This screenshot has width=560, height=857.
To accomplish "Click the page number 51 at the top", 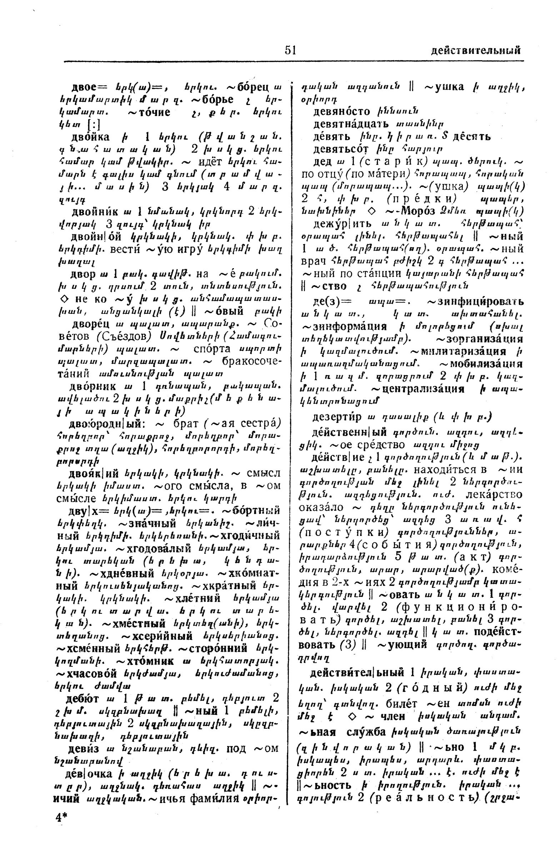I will tap(290, 50).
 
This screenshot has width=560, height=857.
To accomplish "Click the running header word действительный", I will tap(475, 50).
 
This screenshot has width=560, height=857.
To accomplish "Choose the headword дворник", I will tap(93, 386).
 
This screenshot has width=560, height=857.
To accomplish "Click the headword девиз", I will tap(84, 748).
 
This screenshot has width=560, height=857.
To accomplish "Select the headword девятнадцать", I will tap(351, 124).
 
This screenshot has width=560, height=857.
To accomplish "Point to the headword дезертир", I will tap(337, 417).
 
